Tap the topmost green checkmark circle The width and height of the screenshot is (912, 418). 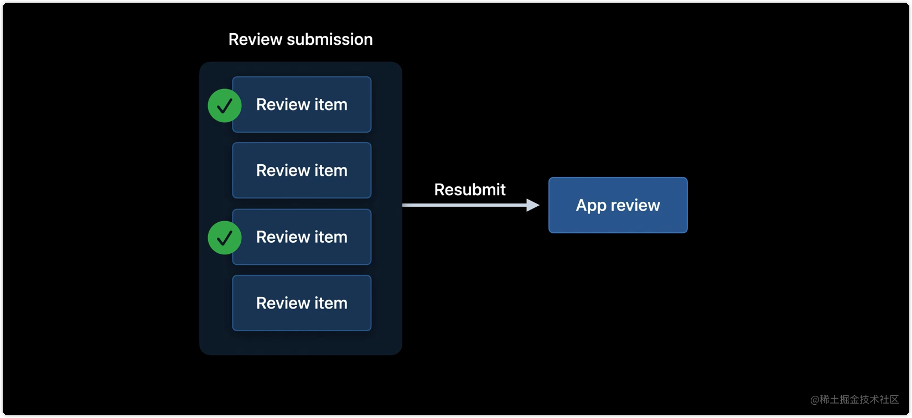224,105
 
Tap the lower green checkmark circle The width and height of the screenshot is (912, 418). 224,238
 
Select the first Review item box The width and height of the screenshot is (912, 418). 302,104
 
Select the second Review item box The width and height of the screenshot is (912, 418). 302,170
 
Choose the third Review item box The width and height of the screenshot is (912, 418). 302,237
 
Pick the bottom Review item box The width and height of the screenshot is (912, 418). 302,303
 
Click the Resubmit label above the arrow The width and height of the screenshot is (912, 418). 469,190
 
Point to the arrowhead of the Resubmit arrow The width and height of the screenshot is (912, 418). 532,205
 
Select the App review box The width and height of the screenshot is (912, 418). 618,205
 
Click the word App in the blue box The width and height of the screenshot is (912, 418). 591,206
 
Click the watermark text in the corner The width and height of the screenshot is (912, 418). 854,399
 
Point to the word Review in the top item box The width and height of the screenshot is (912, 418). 283,104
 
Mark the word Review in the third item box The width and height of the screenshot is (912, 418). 283,237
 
